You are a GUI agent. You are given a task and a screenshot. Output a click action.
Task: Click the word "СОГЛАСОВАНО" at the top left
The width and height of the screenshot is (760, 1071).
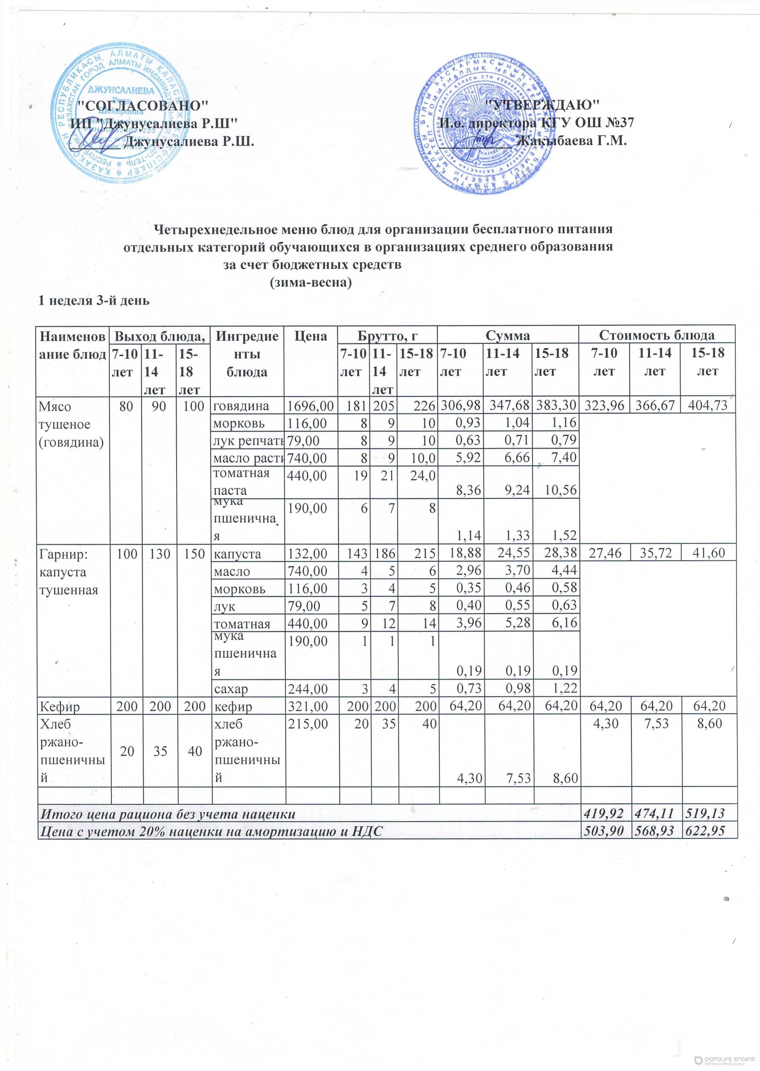pyautogui.click(x=142, y=105)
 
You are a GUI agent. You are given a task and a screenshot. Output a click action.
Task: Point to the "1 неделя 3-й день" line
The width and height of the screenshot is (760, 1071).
pyautogui.click(x=93, y=300)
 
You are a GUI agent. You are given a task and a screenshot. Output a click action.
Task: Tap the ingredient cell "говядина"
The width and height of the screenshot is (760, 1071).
pyautogui.click(x=241, y=406)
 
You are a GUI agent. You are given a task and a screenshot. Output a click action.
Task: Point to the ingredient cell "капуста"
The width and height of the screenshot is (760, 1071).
pyautogui.click(x=235, y=554)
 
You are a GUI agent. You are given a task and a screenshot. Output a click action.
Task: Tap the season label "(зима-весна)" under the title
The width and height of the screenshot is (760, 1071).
pyautogui.click(x=311, y=283)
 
